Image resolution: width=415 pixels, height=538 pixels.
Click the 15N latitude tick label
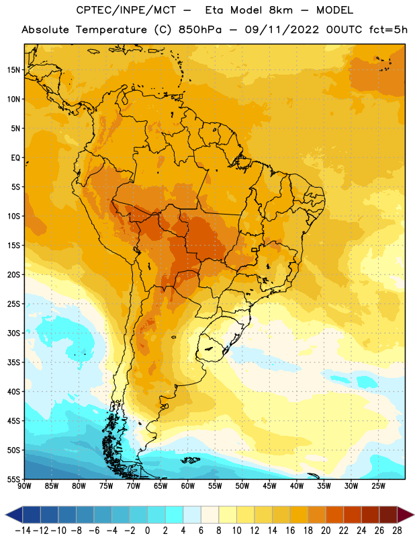tap(13, 70)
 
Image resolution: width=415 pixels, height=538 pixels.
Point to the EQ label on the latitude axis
tap(15, 158)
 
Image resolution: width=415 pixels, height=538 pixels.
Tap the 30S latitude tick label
tap(13, 333)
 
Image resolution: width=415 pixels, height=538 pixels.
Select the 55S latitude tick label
tap(13, 479)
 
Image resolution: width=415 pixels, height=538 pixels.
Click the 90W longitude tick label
tap(24, 486)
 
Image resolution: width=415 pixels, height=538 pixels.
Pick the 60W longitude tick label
tap(188, 486)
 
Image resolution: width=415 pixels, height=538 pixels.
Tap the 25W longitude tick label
tap(378, 486)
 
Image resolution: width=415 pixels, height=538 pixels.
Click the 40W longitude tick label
tap(297, 486)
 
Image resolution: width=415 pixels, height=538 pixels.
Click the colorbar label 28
tap(397, 531)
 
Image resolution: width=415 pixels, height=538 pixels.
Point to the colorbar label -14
tap(23, 531)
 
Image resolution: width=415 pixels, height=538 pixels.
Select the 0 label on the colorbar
tap(147, 531)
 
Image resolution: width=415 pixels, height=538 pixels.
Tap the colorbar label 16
tap(290, 531)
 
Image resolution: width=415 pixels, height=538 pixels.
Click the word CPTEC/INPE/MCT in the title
tap(126, 10)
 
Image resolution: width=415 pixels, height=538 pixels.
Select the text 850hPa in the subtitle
tap(200, 30)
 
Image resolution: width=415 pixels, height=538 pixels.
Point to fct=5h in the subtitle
tap(388, 30)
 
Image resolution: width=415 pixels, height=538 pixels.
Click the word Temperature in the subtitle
tap(111, 30)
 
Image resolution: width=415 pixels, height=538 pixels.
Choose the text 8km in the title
tap(281, 10)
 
